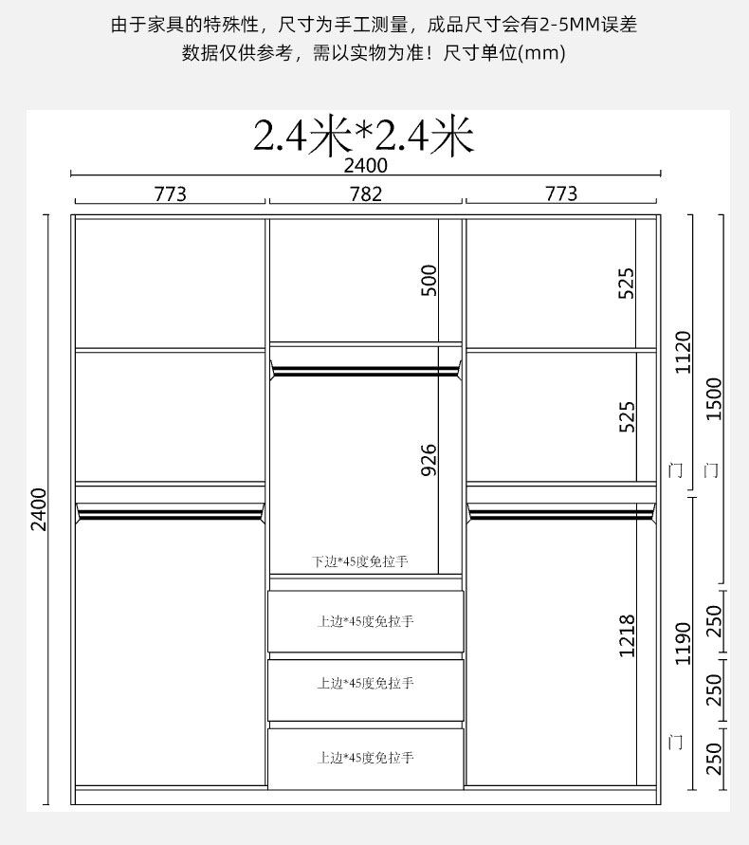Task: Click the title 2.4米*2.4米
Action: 364,136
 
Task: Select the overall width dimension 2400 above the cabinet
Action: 366,165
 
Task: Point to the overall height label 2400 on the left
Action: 39,509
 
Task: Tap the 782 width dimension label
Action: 366,193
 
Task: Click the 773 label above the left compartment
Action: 171,193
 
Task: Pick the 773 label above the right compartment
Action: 561,193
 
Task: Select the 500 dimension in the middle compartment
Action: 429,280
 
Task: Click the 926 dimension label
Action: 429,460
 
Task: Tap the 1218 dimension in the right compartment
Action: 627,636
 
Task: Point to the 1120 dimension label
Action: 684,352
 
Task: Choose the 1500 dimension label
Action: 713,398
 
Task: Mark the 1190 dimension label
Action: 684,643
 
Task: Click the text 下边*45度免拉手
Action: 360,561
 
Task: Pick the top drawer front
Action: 366,621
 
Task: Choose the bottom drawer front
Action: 366,759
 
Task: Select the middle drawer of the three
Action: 366,690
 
